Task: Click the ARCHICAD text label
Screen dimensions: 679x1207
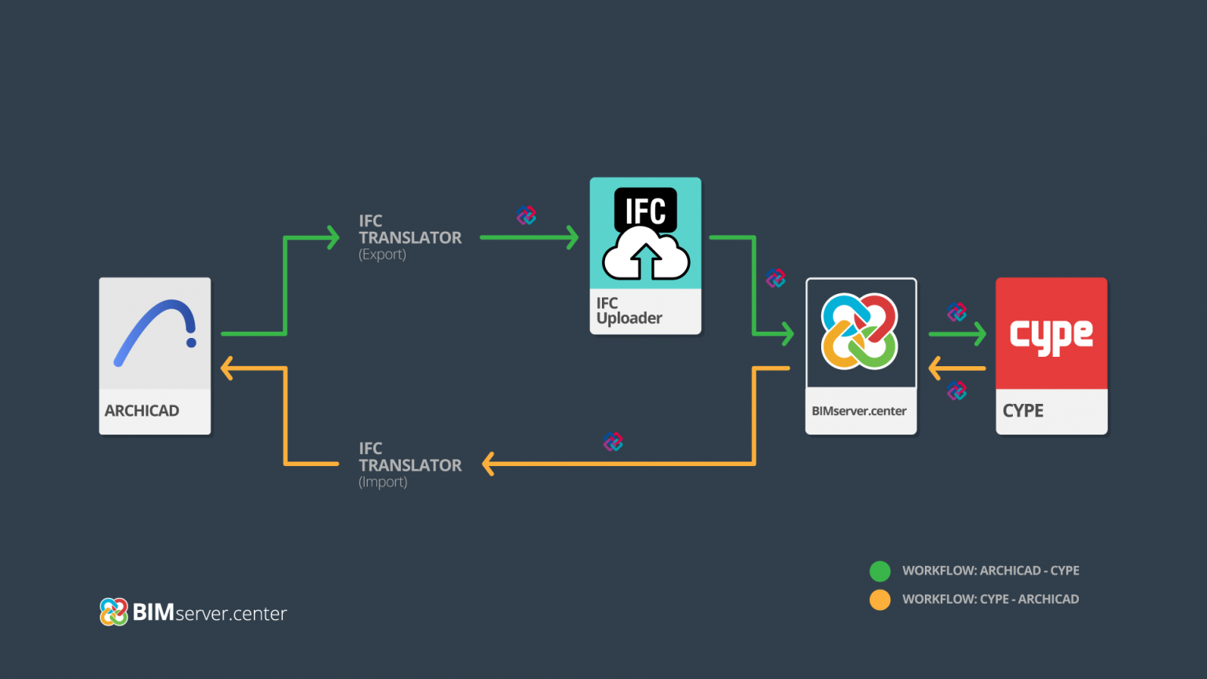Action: coord(141,411)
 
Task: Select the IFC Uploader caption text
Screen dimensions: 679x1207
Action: coord(629,310)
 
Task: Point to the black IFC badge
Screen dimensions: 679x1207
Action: coord(645,207)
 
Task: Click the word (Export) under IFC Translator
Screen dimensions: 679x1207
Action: coord(383,255)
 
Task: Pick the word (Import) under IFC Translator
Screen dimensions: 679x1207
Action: coord(383,483)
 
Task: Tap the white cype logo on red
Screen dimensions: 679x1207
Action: coord(1051,336)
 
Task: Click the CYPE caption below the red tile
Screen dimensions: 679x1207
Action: coord(1023,411)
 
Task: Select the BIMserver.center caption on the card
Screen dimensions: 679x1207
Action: coord(859,411)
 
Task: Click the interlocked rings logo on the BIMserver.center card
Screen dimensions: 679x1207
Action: coord(860,332)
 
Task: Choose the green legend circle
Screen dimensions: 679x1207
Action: coord(880,571)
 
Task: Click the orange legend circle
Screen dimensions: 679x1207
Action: coord(880,600)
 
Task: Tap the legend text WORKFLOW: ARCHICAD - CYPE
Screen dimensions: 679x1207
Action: coord(990,571)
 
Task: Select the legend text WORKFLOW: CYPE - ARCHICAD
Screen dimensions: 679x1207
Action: coord(990,599)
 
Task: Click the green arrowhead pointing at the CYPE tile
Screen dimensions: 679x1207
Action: coord(979,334)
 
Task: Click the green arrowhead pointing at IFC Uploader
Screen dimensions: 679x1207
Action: coord(572,237)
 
